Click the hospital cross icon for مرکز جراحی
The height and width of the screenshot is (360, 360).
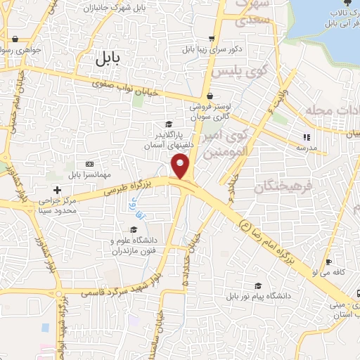[58, 190]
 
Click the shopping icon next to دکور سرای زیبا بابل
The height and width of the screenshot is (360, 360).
[212, 39]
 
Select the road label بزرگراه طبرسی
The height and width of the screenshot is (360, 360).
[131, 186]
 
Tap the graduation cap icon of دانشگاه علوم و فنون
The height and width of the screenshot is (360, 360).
[133, 229]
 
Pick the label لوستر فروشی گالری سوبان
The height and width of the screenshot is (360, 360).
[209, 112]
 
